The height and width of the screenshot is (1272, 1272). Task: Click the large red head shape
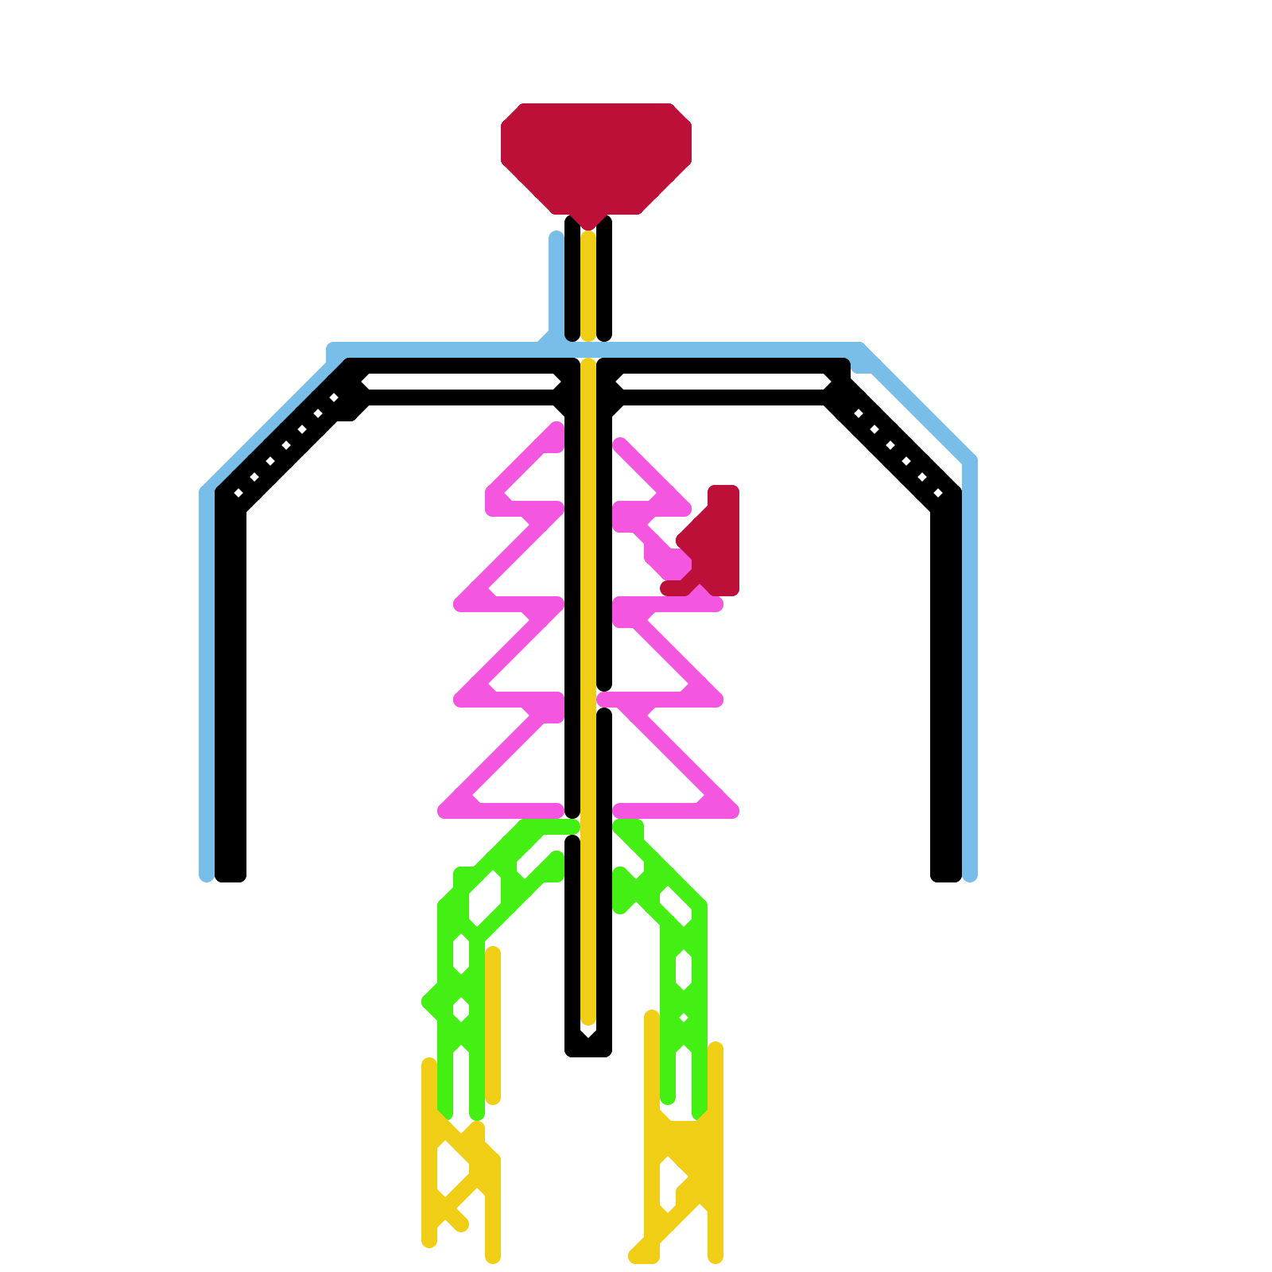point(595,155)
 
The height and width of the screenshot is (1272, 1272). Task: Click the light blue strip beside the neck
point(556,286)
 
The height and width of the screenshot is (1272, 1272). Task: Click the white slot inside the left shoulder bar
point(461,383)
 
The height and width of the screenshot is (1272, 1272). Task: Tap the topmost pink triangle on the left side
point(525,477)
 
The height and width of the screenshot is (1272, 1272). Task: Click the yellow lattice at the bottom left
point(461,1177)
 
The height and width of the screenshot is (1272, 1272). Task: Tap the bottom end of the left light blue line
point(206,874)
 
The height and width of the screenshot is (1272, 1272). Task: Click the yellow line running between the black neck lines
point(588,286)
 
